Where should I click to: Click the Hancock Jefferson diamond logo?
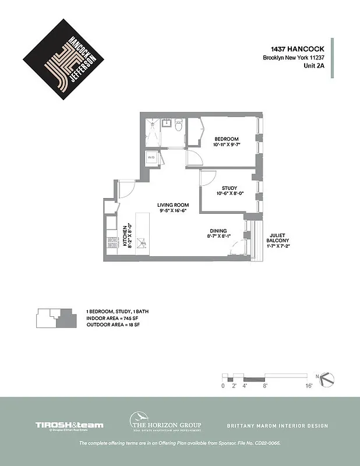63,59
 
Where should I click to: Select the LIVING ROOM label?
174,205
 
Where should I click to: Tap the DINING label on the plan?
218,231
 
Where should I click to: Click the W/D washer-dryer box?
151,158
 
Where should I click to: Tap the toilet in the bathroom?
178,125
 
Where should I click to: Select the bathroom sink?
165,123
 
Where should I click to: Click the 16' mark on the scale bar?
309,386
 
